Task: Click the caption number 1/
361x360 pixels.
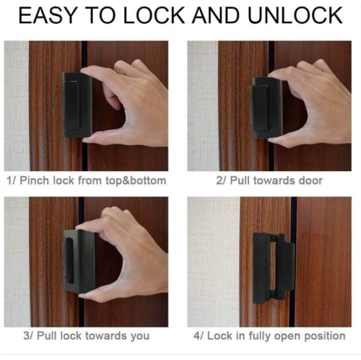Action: click(x=11, y=180)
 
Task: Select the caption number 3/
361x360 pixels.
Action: click(x=12, y=335)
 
